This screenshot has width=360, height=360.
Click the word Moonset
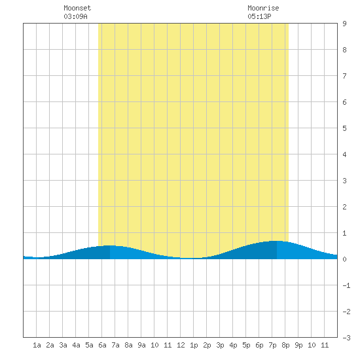coord(77,8)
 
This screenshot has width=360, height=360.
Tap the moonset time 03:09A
coord(75,16)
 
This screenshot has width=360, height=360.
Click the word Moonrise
coord(263,8)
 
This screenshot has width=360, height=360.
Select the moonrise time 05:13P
coord(259,16)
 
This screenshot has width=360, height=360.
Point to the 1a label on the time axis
coord(37,345)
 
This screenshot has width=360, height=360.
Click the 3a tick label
coord(63,345)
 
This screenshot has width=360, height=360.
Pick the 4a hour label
coord(76,345)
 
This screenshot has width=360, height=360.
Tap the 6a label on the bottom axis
coord(102,345)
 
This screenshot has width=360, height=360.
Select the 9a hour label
coord(141,345)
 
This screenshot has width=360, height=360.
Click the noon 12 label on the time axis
coord(181,345)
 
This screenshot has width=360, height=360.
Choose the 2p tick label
coord(207,345)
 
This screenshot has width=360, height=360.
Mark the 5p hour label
coord(246,345)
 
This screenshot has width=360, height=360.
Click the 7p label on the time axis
coord(272,345)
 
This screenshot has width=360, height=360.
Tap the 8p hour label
coord(285,345)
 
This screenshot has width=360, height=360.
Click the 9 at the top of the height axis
coord(344,24)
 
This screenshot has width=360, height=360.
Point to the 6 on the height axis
coord(344,102)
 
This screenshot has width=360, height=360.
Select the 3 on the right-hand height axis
coord(344,181)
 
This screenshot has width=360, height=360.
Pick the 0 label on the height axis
coord(344,259)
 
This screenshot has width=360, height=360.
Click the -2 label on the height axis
coord(346,312)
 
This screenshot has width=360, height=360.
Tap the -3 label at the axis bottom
coord(346,338)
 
